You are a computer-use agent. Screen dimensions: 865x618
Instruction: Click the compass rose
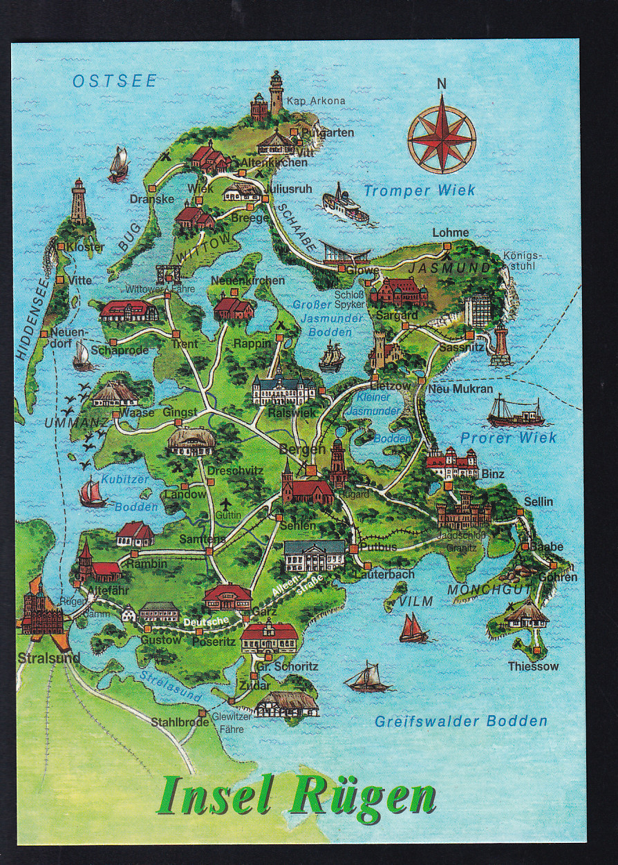click(441, 134)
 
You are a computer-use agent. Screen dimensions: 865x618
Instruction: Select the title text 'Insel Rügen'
click(297, 797)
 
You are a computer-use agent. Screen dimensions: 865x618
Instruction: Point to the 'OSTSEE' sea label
click(115, 81)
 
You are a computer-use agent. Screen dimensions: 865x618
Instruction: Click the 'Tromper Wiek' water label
click(420, 191)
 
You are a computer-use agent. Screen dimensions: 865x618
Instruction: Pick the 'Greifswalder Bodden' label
click(460, 721)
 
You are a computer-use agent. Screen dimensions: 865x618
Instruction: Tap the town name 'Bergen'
click(302, 449)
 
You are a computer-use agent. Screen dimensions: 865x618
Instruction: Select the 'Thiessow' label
click(533, 667)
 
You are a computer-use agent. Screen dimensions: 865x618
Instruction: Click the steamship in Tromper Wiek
click(345, 203)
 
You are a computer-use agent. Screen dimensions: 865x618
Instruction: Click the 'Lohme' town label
click(450, 233)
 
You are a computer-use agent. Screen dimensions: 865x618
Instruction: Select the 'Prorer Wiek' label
click(508, 438)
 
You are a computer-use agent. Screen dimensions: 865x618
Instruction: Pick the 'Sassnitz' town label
click(461, 347)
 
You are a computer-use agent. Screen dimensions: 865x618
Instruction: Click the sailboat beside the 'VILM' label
click(413, 628)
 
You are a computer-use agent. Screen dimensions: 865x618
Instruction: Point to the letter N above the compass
click(441, 84)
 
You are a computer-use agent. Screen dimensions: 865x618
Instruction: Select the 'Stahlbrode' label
click(180, 722)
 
